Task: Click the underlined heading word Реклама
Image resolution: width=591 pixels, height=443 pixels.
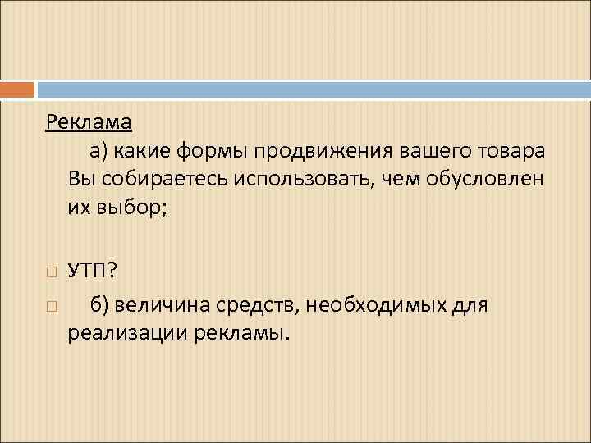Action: (89, 122)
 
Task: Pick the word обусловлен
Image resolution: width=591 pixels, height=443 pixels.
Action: (484, 180)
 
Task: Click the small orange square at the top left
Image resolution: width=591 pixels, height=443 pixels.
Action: (17, 89)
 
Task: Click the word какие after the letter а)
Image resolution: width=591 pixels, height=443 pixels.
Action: (145, 151)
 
